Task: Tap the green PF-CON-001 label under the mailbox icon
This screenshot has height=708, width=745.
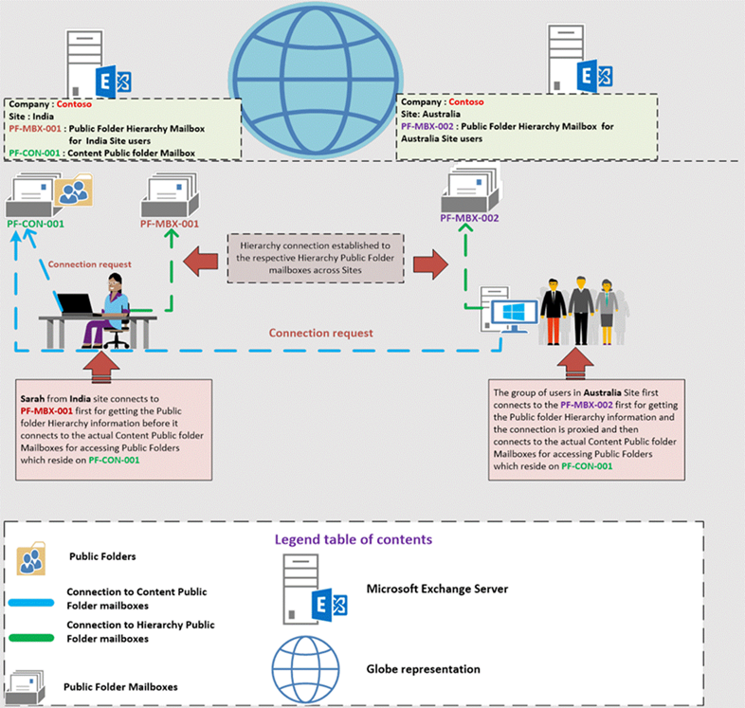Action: [35, 224]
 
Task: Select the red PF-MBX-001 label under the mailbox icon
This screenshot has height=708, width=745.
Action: [170, 224]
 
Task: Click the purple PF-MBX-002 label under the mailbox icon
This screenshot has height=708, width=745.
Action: [469, 218]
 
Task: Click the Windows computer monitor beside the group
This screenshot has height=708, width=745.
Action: [512, 313]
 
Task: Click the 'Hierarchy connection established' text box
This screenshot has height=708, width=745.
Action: [314, 257]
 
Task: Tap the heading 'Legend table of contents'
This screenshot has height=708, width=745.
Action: [354, 538]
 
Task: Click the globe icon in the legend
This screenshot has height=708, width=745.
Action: [304, 667]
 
